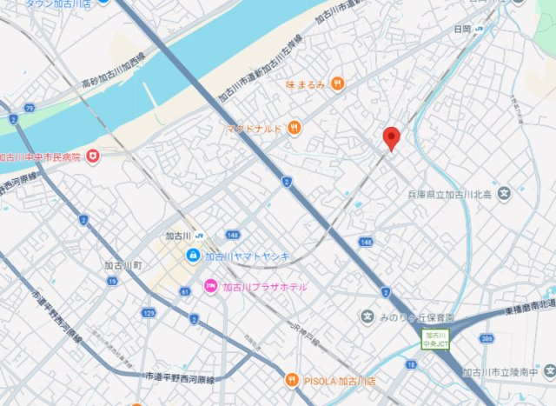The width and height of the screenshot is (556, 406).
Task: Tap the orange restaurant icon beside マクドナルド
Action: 295,129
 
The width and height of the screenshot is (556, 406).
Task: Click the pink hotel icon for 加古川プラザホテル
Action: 210,286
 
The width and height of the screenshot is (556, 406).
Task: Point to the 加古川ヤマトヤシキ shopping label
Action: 247,256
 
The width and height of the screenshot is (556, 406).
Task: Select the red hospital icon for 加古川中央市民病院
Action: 93,156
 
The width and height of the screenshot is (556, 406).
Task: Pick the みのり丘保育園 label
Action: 417,317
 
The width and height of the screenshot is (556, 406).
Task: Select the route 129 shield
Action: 149,311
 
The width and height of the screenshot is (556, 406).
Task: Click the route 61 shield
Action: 185,291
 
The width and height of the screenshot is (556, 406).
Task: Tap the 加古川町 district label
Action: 123,265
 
